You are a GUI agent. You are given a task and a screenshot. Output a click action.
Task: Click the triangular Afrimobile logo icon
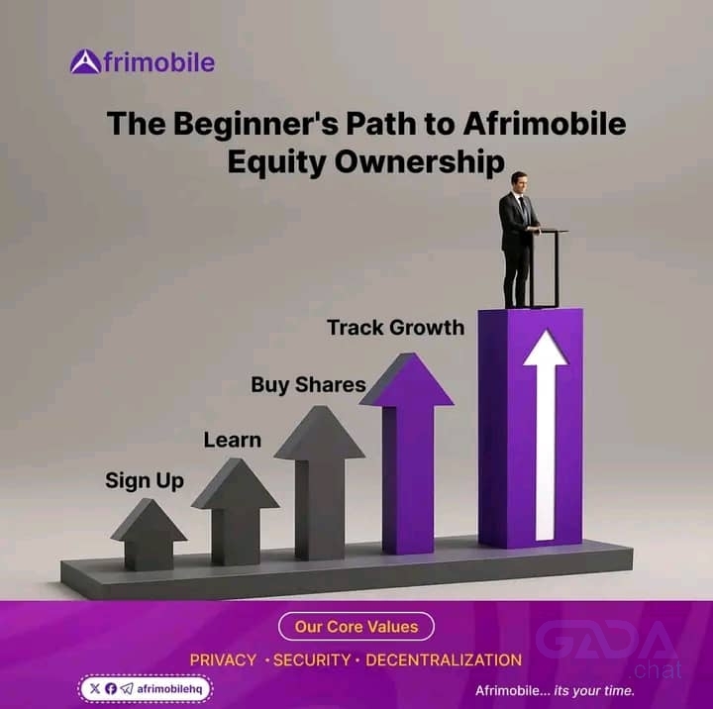(85, 61)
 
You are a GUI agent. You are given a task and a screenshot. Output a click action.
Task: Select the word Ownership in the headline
(419, 161)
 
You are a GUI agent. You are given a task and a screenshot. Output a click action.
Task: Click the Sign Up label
(145, 481)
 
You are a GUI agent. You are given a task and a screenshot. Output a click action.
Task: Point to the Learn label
(233, 440)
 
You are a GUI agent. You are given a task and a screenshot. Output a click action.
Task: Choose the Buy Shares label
(308, 384)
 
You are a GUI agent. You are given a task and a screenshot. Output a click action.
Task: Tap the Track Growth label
(395, 328)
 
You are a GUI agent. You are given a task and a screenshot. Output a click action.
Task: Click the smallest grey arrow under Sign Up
(149, 535)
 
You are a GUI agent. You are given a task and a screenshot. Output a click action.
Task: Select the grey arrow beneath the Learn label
(236, 512)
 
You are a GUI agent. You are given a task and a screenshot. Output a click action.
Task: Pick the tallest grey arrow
(320, 483)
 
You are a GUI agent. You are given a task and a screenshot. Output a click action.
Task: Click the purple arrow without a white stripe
(407, 454)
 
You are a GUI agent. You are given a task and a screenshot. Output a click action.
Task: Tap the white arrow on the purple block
(546, 436)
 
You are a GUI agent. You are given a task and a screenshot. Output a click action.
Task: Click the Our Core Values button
(356, 626)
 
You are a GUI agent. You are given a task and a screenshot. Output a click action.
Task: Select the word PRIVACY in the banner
(223, 659)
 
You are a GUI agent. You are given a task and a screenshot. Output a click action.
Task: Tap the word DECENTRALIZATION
(444, 659)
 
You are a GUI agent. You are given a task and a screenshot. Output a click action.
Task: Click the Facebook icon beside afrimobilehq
(111, 688)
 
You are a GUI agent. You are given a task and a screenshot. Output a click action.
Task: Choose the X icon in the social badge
(95, 688)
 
